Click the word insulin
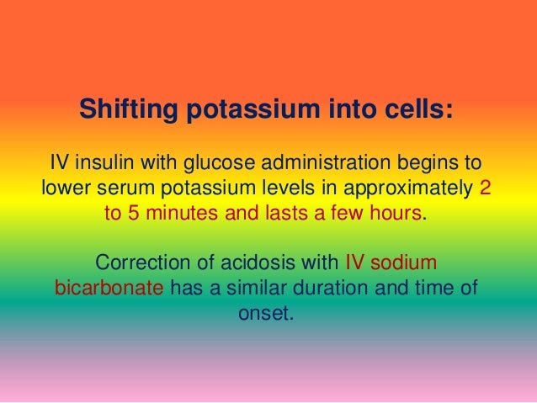click(105, 161)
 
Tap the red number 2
click(483, 187)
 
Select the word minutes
click(182, 213)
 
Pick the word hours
click(396, 213)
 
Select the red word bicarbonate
click(109, 289)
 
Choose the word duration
click(327, 289)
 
